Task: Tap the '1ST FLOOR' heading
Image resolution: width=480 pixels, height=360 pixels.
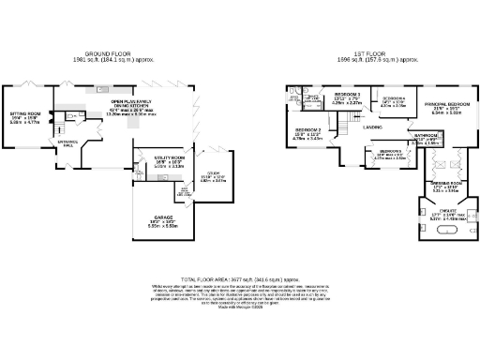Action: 376,53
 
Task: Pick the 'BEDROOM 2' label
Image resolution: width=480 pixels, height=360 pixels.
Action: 308,130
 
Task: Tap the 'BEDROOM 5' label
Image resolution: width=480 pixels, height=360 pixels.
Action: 390,151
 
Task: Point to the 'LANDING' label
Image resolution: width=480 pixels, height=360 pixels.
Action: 372,127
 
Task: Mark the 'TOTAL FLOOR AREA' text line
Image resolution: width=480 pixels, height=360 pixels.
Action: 239,278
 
